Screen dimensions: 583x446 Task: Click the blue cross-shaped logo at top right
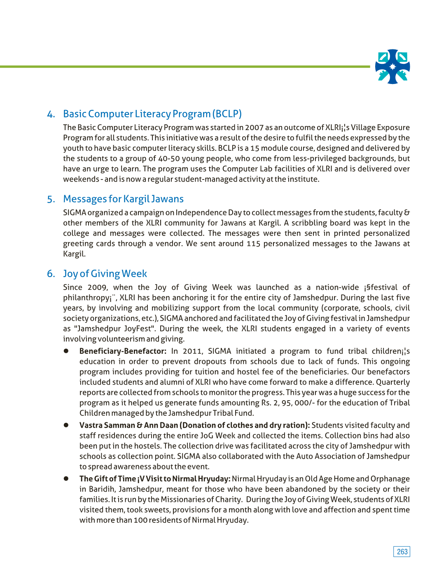tap(392, 67)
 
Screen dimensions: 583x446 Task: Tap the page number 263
tap(402, 552)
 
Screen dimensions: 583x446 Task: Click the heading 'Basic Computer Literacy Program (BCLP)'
tap(152, 114)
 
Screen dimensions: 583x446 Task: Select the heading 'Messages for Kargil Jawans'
tap(123, 199)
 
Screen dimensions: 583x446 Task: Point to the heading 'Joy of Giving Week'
tap(105, 274)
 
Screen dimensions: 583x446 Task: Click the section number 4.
tap(51, 114)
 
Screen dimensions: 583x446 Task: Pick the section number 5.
tap(51, 200)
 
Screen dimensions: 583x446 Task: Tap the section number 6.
tap(51, 274)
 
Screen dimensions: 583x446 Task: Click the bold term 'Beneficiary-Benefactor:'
tap(123, 351)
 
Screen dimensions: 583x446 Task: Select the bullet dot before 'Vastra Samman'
tap(66, 425)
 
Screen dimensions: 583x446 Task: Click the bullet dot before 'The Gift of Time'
tap(66, 478)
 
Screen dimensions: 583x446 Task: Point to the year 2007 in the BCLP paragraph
tap(254, 128)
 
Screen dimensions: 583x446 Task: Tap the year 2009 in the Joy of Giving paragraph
tap(97, 287)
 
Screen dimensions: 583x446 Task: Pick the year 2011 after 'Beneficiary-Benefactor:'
tap(192, 351)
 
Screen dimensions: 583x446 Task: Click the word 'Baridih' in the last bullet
tap(102, 489)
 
